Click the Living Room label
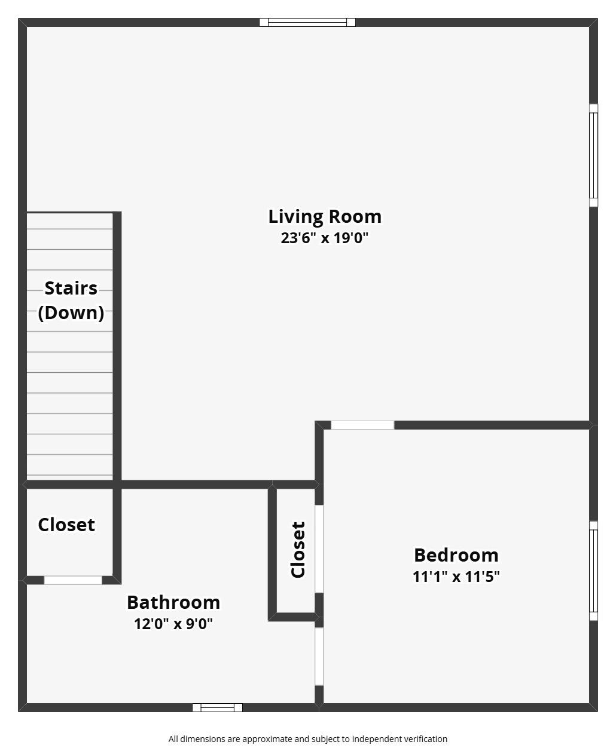click(324, 216)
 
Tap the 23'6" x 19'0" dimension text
click(324, 238)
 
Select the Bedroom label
click(456, 555)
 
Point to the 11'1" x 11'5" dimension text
click(456, 577)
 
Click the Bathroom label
click(173, 602)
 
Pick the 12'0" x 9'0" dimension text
click(173, 624)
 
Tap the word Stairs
click(71, 288)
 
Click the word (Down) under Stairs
click(71, 312)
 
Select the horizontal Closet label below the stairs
click(66, 525)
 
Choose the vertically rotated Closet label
click(298, 550)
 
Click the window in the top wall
click(307, 23)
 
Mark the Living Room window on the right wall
click(593, 155)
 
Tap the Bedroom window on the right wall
click(593, 571)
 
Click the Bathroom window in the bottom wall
click(218, 708)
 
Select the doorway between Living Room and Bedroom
click(362, 425)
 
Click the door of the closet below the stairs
click(73, 580)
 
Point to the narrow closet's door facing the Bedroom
click(319, 549)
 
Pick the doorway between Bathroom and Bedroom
click(319, 656)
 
